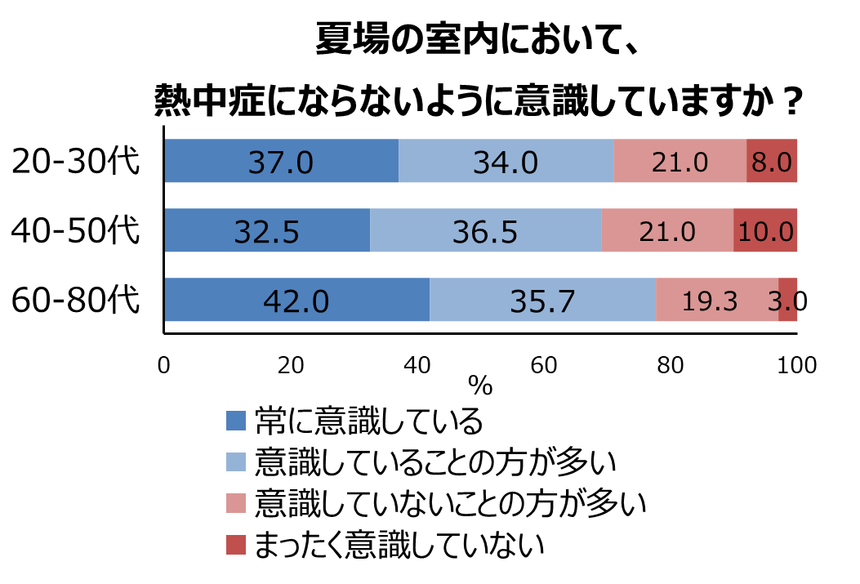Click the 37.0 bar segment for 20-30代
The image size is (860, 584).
pyautogui.click(x=281, y=161)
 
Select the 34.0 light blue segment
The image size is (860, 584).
pyautogui.click(x=506, y=161)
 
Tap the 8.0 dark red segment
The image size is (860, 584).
pyautogui.click(x=771, y=161)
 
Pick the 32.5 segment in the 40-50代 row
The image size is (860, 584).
pyautogui.click(x=266, y=230)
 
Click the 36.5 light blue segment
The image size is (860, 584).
pyautogui.click(x=485, y=230)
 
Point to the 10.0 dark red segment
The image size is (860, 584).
pyautogui.click(x=764, y=230)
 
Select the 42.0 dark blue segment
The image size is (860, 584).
pyautogui.click(x=296, y=300)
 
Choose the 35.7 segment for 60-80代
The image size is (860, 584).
pyautogui.click(x=542, y=300)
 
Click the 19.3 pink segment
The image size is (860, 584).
pyautogui.click(x=716, y=300)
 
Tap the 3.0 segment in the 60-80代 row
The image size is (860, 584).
pyautogui.click(x=787, y=300)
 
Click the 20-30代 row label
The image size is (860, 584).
pyautogui.click(x=75, y=161)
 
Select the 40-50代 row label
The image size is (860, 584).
pyautogui.click(x=75, y=230)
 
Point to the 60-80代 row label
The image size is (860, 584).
pyautogui.click(x=75, y=300)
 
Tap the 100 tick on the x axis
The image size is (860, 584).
pyautogui.click(x=797, y=365)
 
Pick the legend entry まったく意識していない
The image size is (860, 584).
pyautogui.click(x=399, y=543)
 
